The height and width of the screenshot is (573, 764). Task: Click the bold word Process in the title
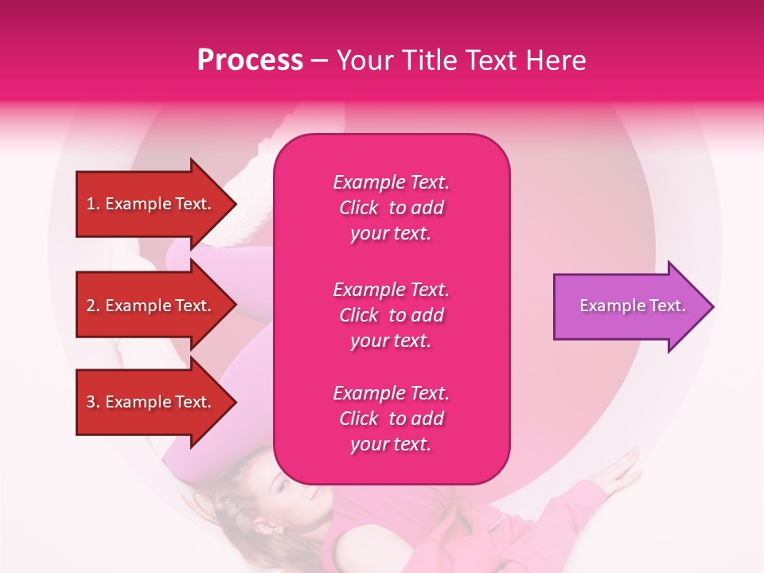[250, 60]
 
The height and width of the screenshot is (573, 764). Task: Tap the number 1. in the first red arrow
[93, 204]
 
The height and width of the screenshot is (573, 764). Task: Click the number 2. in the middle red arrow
[93, 306]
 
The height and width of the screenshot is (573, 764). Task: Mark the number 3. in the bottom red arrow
[93, 402]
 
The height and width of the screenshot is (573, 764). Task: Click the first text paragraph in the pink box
[391, 208]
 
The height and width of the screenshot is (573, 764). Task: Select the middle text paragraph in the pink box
[391, 315]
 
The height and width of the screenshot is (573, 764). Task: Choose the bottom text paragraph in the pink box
[391, 419]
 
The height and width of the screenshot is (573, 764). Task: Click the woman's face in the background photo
[298, 501]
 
